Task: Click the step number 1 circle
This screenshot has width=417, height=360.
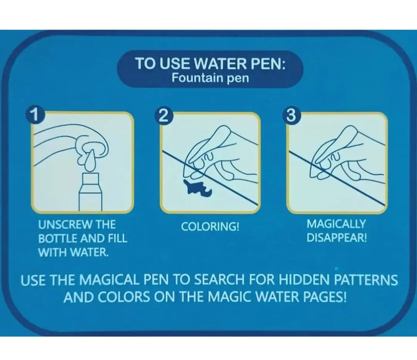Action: pos(35,115)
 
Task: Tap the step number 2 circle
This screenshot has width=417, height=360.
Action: pos(164,116)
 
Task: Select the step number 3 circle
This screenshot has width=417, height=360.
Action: pos(291,116)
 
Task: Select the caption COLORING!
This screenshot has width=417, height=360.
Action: pos(210,226)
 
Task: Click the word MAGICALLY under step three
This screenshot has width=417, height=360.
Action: pos(336,224)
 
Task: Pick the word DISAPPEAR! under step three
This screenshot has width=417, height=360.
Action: pos(337,238)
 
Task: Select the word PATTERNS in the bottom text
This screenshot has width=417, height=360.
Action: pos(366,280)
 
